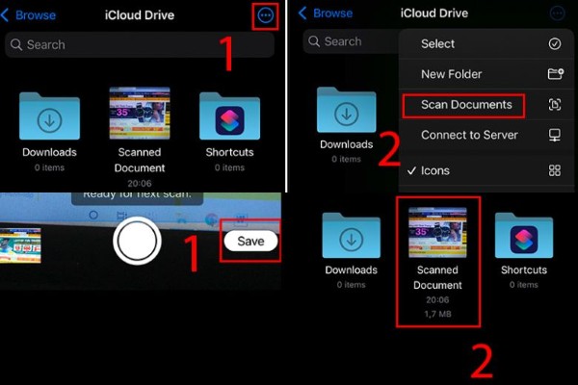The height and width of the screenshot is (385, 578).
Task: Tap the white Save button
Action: [x=250, y=241]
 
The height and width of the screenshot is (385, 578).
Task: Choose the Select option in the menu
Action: [x=438, y=43]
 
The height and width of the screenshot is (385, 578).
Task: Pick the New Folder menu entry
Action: [x=451, y=74]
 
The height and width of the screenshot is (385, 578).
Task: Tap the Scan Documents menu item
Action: [x=463, y=104]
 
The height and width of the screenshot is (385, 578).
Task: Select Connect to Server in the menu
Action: [x=469, y=135]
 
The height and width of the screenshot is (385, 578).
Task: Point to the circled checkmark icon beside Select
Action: [x=555, y=43]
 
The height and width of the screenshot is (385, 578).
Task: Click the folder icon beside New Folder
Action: [x=555, y=74]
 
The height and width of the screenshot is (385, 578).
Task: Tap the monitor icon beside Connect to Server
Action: [x=555, y=135]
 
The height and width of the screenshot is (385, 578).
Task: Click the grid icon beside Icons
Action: [x=555, y=170]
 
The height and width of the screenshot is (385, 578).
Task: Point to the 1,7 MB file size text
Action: [x=437, y=314]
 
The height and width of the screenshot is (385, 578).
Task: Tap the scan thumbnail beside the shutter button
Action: [x=20, y=244]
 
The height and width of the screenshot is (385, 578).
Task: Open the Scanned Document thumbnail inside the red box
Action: [x=437, y=232]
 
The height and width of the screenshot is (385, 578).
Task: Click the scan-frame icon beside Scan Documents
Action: [x=555, y=104]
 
